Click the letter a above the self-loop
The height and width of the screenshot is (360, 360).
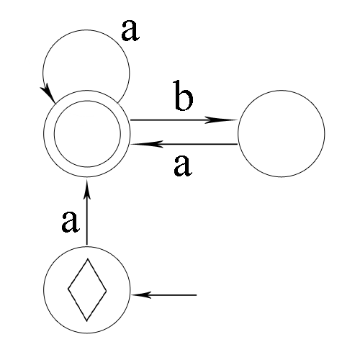130,30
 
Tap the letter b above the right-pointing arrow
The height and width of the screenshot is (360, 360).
184,96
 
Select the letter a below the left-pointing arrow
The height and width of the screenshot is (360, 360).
183,166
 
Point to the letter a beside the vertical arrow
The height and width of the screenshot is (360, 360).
70,222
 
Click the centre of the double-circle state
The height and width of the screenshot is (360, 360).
87,134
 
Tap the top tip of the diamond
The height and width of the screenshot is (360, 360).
88,258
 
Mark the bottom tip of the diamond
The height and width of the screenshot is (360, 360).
87,321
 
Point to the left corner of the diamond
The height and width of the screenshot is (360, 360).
68,289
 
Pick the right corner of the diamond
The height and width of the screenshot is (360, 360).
107,290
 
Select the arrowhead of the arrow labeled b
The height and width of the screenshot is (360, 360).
221,120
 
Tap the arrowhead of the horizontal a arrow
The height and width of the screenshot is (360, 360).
147,144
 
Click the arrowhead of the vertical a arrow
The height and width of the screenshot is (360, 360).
87,189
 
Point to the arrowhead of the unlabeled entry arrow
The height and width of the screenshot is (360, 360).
142,294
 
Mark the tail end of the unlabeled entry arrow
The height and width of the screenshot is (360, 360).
197,295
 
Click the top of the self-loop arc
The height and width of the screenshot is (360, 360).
86,30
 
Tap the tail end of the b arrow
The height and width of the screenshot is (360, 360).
130,120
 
